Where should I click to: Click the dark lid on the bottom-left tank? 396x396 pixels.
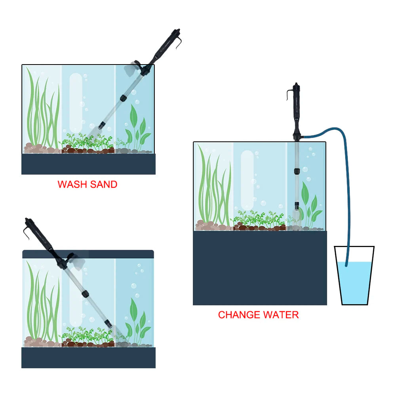point(88,254)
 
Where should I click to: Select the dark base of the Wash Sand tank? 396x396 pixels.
point(88,164)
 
